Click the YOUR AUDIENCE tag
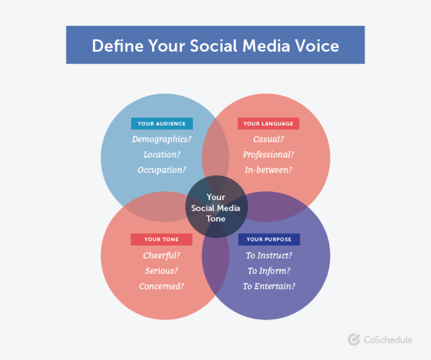click(x=162, y=124)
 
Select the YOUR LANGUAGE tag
click(x=268, y=124)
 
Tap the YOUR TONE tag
click(x=161, y=239)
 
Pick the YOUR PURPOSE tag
click(x=269, y=239)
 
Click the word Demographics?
click(x=162, y=139)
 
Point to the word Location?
click(x=162, y=155)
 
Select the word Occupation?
click(x=162, y=170)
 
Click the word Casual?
click(x=268, y=139)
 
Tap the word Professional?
click(x=268, y=155)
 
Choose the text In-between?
click(x=268, y=170)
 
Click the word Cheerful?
click(x=161, y=255)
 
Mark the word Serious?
click(x=161, y=271)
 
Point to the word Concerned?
click(x=161, y=286)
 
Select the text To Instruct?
click(x=269, y=255)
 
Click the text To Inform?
click(x=269, y=271)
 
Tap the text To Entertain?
click(x=269, y=286)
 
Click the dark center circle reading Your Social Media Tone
click(x=216, y=207)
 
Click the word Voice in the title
click(x=317, y=45)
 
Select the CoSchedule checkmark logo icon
click(x=354, y=339)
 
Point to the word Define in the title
click(x=117, y=45)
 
